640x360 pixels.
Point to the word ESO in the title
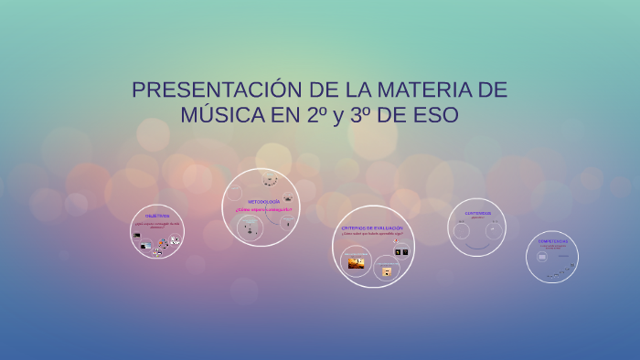coord(435,116)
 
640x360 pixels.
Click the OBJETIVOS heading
coord(157,217)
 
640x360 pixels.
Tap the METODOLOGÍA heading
coord(263,201)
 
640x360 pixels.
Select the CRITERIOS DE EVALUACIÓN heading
coord(371,228)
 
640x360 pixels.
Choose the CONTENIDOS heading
coord(477,213)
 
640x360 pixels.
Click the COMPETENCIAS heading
coord(553,241)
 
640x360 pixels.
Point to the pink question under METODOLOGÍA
coord(263,209)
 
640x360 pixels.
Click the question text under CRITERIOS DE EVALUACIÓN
coord(371,234)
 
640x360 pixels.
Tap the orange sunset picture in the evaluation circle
coord(356,263)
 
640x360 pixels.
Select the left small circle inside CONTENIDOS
coord(462,230)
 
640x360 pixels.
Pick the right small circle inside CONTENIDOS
coord(494,230)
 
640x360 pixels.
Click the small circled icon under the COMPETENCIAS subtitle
coord(542,257)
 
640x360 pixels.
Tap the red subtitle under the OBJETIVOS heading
coord(157,224)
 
